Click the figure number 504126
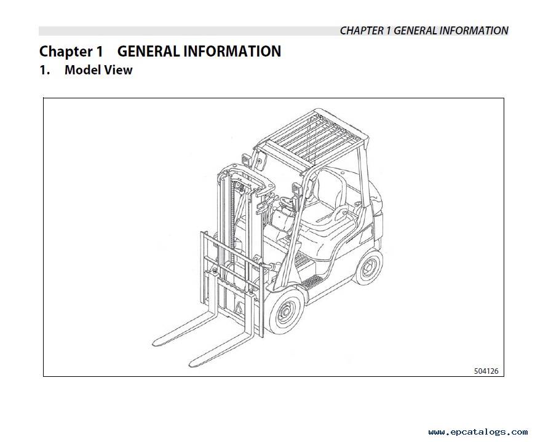point(486,371)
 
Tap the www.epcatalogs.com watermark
point(478,432)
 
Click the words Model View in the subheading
point(98,70)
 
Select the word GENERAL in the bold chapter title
point(148,51)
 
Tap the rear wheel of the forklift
point(368,267)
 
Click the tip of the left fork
point(155,344)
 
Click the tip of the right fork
point(191,365)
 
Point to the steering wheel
point(287,203)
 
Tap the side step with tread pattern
point(312,282)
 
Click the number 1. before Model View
point(44,70)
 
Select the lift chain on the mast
point(234,218)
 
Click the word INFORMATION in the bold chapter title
point(232,51)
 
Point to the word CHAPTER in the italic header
point(361,31)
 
